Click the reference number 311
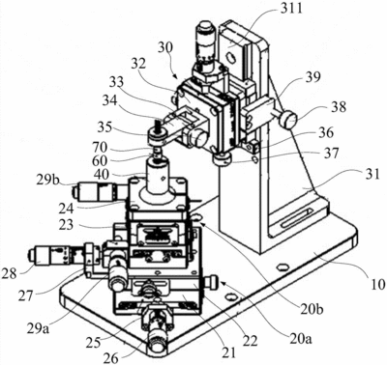click(291, 9)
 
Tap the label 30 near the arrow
click(165, 47)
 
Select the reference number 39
click(313, 77)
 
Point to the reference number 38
click(339, 107)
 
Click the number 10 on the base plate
click(377, 284)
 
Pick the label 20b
click(313, 309)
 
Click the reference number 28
click(9, 274)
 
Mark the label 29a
click(38, 328)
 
